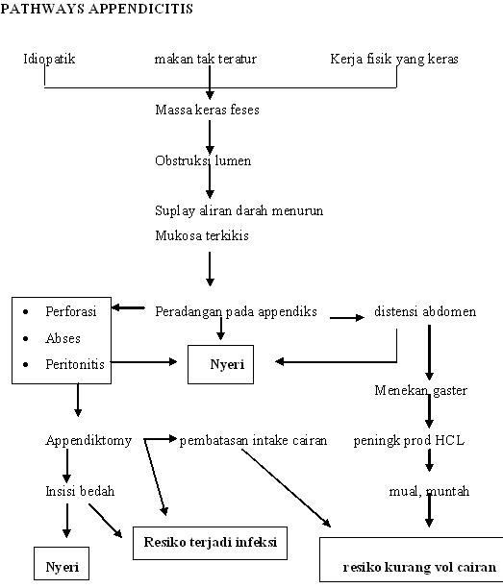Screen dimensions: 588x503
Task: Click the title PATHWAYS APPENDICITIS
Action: pos(96,10)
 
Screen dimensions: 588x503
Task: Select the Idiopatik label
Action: pos(49,60)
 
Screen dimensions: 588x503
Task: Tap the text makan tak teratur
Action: pos(205,60)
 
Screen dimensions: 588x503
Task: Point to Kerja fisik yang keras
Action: pos(393,60)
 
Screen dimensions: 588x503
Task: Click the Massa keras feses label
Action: pos(207,110)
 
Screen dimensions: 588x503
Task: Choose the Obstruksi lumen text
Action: pos(203,160)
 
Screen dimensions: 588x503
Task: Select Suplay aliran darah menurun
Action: pos(239,210)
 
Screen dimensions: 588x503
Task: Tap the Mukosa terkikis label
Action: pos(202,235)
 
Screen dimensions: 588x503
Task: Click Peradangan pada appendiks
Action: pos(236,312)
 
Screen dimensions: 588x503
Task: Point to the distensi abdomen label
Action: pos(424,312)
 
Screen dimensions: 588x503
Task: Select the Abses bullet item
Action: pos(63,338)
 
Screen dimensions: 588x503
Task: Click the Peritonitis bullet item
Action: pos(74,364)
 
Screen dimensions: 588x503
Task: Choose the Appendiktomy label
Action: pos(88,441)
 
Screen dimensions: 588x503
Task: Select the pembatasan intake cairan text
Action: pos(253,441)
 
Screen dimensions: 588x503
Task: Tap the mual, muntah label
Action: pos(429,491)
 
